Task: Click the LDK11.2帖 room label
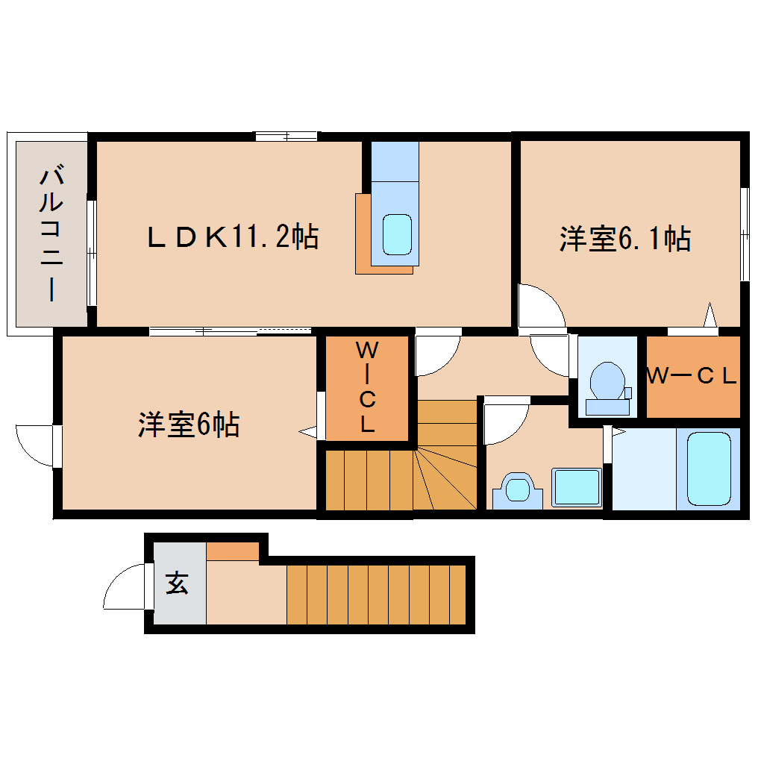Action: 233,237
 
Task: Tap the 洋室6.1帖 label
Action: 625,239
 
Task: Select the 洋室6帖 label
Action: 189,425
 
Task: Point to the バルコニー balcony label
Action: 51,233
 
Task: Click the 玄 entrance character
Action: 177,583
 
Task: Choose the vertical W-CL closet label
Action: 367,386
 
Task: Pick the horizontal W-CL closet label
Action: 692,375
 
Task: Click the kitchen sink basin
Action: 397,235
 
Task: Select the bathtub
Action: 709,469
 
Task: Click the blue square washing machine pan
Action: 577,487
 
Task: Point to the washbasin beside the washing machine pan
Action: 517,490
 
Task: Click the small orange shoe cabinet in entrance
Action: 233,551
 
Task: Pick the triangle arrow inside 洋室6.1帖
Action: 710,315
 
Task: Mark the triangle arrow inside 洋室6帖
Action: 307,431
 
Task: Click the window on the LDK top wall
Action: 286,137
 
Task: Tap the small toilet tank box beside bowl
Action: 628,392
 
